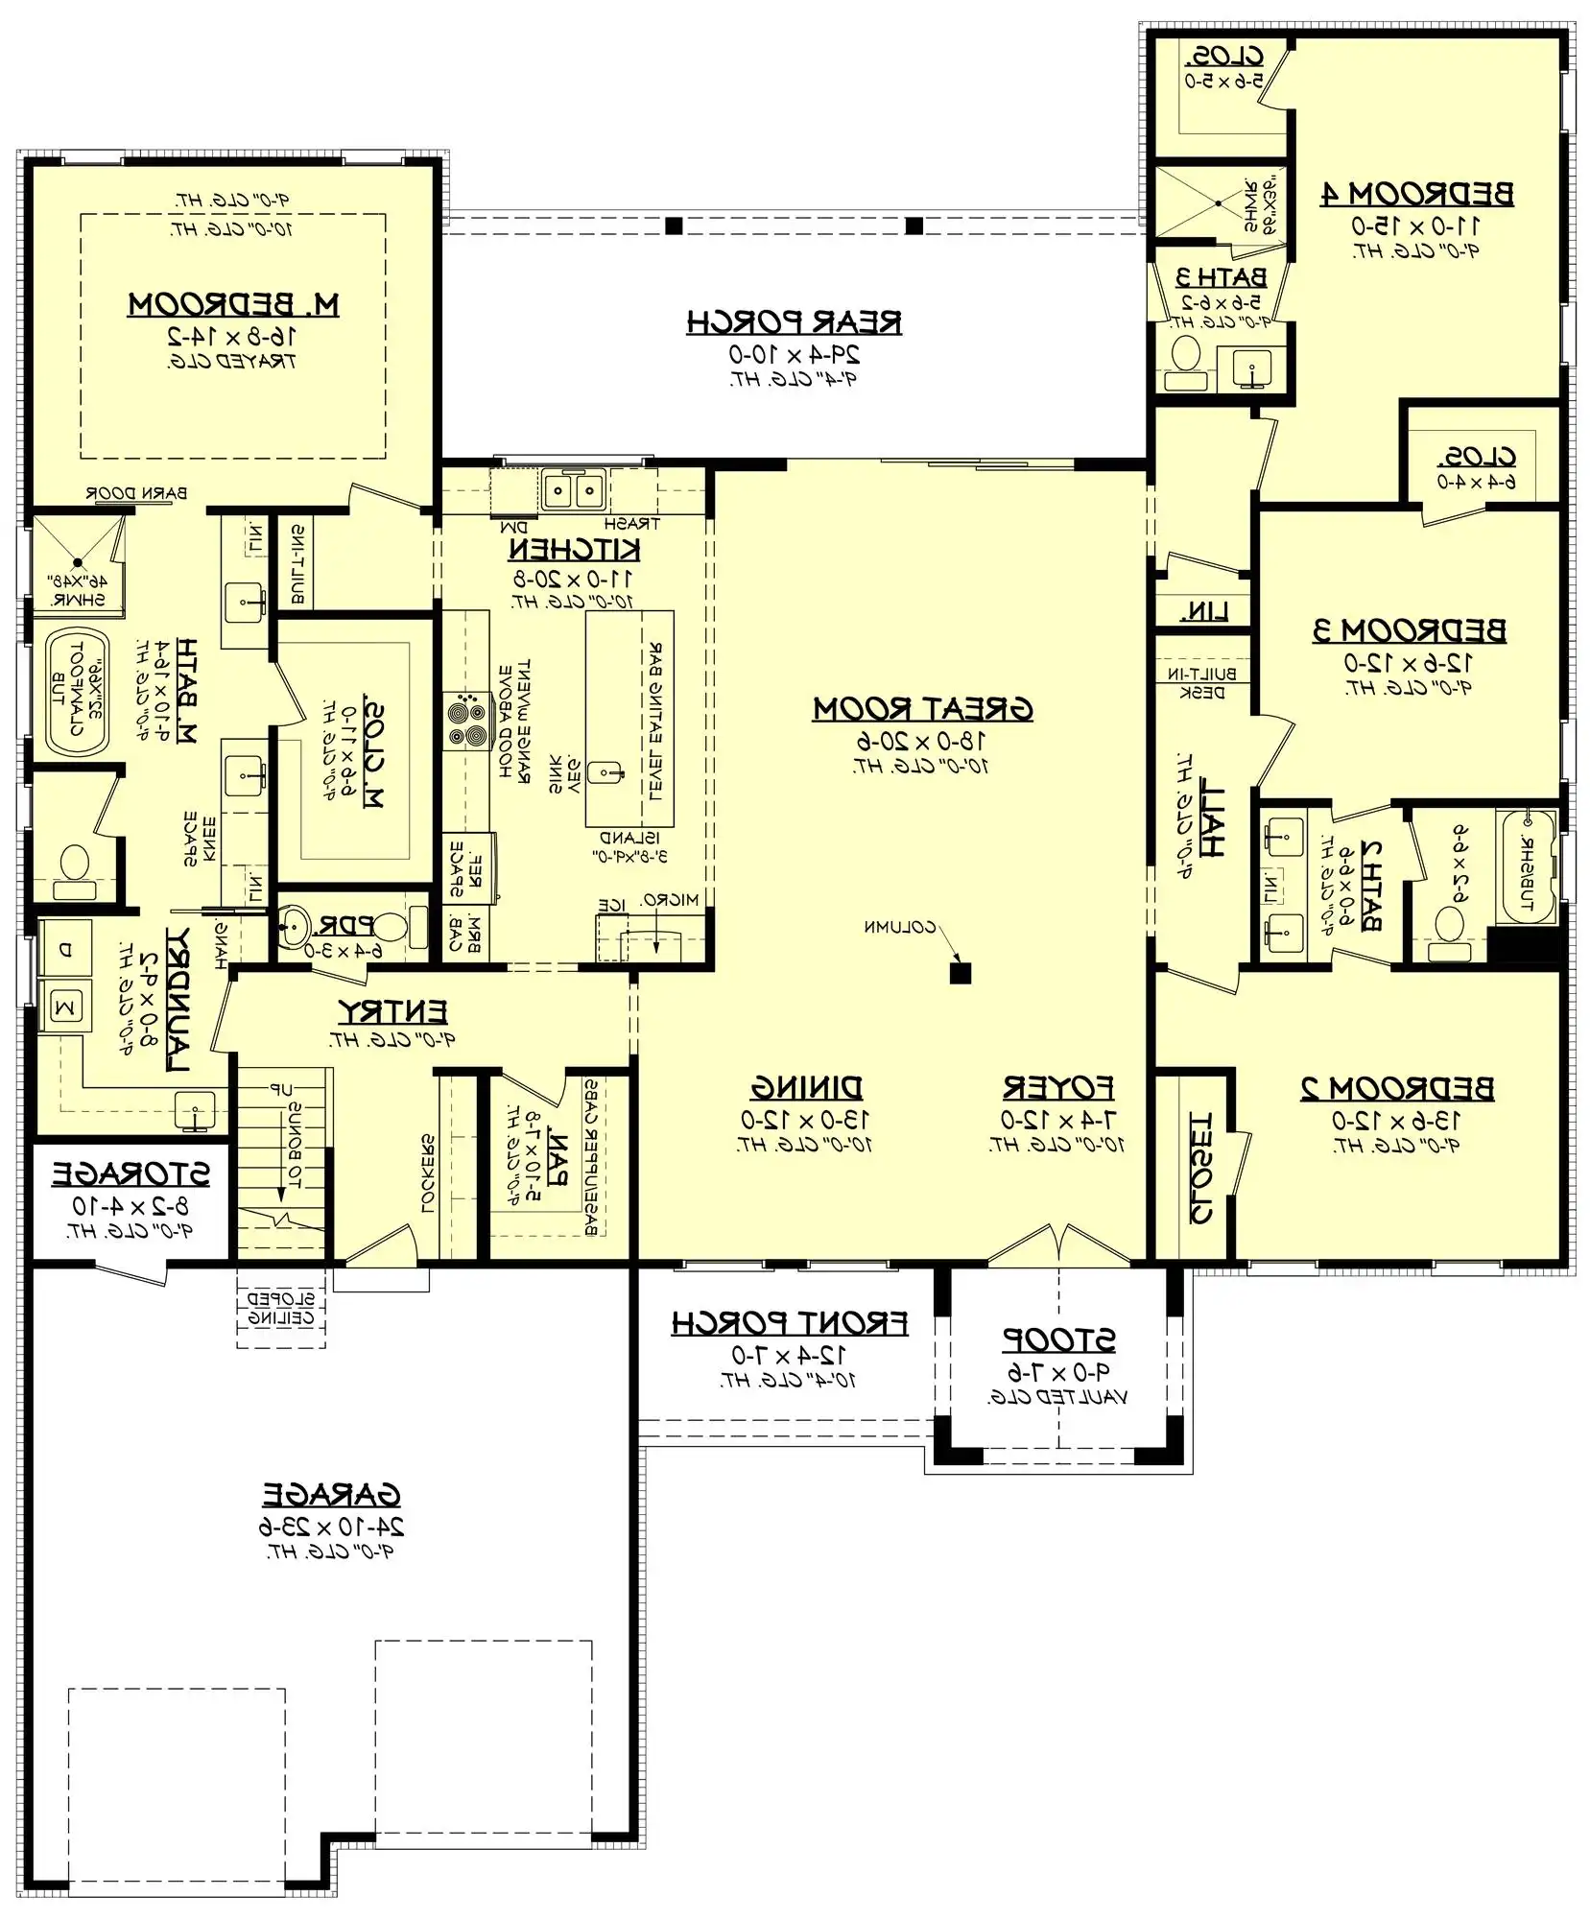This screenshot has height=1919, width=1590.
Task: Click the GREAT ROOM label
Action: tap(922, 709)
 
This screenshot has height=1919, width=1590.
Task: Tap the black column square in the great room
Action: tap(960, 973)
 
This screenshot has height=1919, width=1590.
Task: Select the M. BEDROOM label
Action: tap(233, 305)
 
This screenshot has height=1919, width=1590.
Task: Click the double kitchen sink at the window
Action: tap(573, 490)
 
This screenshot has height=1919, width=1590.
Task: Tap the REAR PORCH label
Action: tap(794, 322)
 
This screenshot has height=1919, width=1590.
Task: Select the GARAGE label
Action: tap(331, 1495)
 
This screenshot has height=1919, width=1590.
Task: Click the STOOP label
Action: tap(1058, 1339)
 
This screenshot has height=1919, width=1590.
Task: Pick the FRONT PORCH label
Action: tap(789, 1324)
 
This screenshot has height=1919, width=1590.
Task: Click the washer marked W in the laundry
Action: tap(65, 1007)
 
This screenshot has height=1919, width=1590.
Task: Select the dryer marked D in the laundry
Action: tap(65, 951)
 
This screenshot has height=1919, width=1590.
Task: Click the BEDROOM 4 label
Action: tap(1416, 194)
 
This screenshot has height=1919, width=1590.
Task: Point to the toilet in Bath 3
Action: tap(1189, 359)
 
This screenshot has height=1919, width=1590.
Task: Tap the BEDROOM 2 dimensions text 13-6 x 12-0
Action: tap(1396, 1120)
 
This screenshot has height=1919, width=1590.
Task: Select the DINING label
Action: tap(806, 1088)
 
